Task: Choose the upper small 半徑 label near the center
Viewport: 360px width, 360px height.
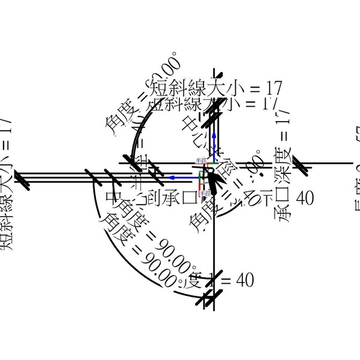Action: click(x=200, y=160)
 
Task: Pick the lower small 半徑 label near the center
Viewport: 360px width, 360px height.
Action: click(x=204, y=193)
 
